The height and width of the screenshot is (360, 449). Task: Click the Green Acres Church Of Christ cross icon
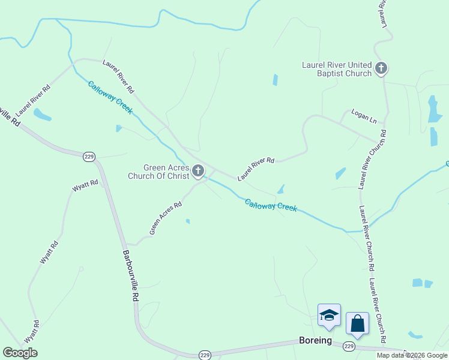tap(198, 173)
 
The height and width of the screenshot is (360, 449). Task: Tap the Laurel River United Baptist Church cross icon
tap(381, 68)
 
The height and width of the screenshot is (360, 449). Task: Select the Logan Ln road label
tap(364, 116)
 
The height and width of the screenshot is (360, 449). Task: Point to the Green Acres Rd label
tap(166, 218)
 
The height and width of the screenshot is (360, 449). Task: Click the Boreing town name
tap(315, 340)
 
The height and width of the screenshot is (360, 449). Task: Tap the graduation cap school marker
tap(329, 315)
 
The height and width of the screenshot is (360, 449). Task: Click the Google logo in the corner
tap(20, 353)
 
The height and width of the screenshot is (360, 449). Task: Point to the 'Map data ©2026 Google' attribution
tap(412, 355)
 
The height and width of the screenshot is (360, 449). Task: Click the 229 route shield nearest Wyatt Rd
tap(89, 157)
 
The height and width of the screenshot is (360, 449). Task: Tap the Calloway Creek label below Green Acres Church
tap(271, 205)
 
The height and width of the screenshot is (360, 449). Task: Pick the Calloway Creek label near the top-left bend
tap(110, 97)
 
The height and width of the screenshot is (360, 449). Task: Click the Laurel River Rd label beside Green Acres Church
tap(256, 169)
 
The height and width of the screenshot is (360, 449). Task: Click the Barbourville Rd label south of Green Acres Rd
tap(131, 277)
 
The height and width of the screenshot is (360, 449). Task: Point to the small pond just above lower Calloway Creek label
tap(280, 190)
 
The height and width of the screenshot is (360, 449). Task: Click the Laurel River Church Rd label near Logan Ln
tap(372, 158)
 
